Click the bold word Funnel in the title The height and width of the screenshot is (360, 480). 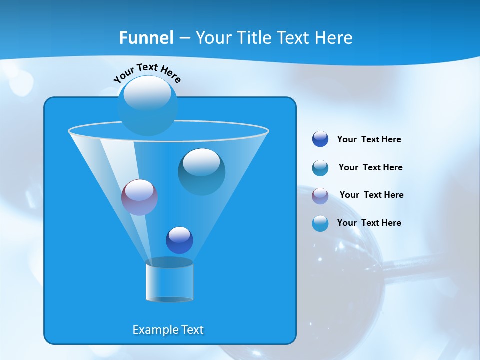tap(146, 38)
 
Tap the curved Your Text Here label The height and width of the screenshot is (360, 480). tap(147, 73)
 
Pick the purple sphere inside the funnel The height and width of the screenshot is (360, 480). tap(139, 198)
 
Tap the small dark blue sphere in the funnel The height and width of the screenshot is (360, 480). tap(179, 240)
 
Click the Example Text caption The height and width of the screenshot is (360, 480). tap(168, 330)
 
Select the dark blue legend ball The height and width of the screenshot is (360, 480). tap(320, 139)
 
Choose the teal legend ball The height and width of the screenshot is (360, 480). tap(320, 168)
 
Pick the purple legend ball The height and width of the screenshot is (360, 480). tap(320, 196)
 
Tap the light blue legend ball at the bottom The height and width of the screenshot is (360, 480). tap(320, 223)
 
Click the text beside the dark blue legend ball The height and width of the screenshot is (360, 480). tap(369, 140)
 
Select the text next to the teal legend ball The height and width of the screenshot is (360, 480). tap(370, 168)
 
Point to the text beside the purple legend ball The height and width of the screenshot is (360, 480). tap(371, 195)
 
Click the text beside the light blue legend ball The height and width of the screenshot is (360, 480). tap(369, 223)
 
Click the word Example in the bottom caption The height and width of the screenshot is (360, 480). tap(153, 330)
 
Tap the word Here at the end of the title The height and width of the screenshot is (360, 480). tap(334, 38)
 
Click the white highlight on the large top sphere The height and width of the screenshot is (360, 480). tap(147, 93)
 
